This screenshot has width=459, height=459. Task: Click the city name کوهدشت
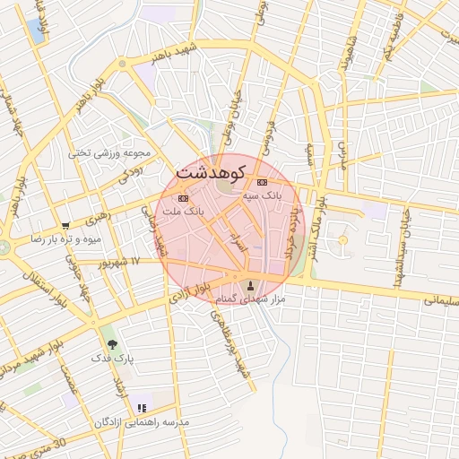(214, 169)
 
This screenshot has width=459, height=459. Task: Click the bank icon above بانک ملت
(183, 197)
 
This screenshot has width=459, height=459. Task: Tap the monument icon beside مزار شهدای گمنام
(250, 285)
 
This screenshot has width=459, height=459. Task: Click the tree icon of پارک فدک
(112, 343)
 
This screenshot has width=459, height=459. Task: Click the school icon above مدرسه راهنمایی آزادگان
(142, 408)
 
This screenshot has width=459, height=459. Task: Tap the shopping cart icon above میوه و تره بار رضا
(65, 225)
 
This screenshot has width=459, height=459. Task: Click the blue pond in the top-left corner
(38, 29)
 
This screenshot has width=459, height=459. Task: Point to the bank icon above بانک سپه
(261, 182)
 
